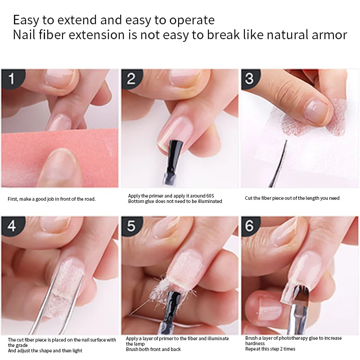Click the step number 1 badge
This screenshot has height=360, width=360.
click(12, 78)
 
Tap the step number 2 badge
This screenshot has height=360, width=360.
click(131, 78)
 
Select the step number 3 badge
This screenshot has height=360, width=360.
click(250, 78)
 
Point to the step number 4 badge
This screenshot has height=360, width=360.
click(12, 225)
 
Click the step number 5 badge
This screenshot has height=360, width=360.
click(131, 225)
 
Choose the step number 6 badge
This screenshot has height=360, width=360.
click(250, 225)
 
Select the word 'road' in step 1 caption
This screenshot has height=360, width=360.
click(90, 199)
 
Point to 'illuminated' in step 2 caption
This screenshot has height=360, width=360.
click(210, 201)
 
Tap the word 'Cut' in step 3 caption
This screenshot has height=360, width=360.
click(248, 198)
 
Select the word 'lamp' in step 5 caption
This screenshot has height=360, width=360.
click(140, 344)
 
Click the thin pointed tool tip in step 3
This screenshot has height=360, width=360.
click(287, 140)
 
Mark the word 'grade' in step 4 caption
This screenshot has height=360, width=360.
click(22, 346)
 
